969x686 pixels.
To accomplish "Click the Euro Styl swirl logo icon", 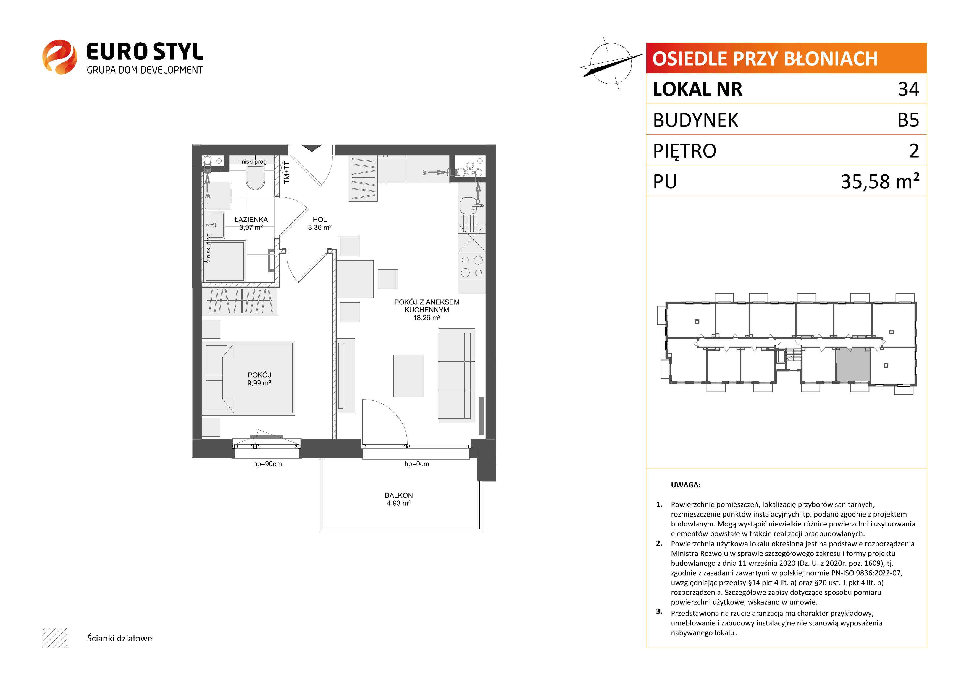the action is [x=59, y=57].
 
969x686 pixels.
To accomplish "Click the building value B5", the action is [x=908, y=120].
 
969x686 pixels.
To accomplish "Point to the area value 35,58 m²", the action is [x=880, y=181].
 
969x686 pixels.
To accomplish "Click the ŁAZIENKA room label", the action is [x=251, y=220].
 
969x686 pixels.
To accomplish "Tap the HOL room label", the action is [x=319, y=220].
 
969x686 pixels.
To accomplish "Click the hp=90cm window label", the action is [x=267, y=464].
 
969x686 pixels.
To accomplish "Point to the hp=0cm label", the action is [x=417, y=464].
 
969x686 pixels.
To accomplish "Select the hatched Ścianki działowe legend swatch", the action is [x=54, y=638].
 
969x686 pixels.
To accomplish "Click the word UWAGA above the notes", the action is [x=686, y=485].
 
